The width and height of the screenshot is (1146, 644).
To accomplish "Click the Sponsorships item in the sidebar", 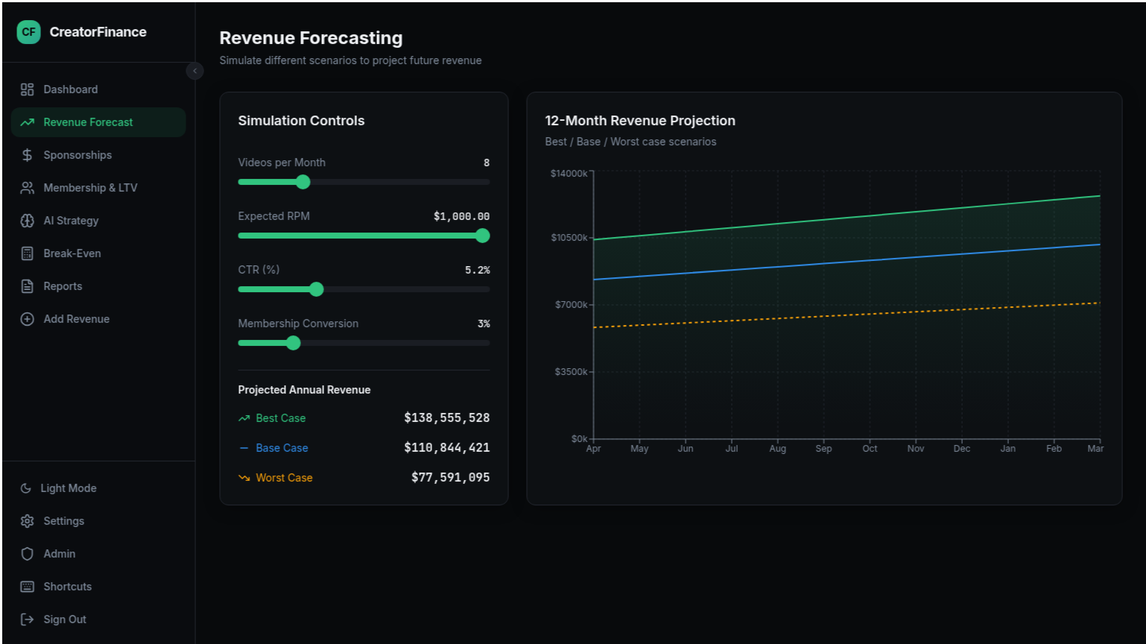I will pyautogui.click(x=77, y=155).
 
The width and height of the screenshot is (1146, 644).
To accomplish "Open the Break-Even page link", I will pyautogui.click(x=72, y=253).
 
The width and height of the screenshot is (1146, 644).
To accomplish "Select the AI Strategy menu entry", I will pyautogui.click(x=71, y=221).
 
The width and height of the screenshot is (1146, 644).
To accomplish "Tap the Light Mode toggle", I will pyautogui.click(x=69, y=488).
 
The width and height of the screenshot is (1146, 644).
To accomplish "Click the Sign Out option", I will pyautogui.click(x=65, y=619).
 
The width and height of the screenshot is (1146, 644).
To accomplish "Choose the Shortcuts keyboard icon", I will pyautogui.click(x=28, y=587).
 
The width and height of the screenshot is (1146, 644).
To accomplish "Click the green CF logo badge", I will pyautogui.click(x=28, y=32).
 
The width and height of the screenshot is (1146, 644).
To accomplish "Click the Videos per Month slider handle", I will pyautogui.click(x=303, y=182).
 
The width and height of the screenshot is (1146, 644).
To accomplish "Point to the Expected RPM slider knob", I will pyautogui.click(x=482, y=236).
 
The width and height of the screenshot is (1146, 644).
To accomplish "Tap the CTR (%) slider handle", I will pyautogui.click(x=317, y=289).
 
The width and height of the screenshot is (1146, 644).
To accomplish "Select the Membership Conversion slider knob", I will pyautogui.click(x=294, y=343).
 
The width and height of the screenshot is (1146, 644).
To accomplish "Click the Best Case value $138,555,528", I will pyautogui.click(x=446, y=418).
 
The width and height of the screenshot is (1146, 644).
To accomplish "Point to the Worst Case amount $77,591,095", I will pyautogui.click(x=450, y=478).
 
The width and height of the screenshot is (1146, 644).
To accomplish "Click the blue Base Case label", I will pyautogui.click(x=282, y=448).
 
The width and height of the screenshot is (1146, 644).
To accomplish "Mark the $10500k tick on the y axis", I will pyautogui.click(x=569, y=238).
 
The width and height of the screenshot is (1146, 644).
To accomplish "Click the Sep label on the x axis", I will pyautogui.click(x=823, y=449).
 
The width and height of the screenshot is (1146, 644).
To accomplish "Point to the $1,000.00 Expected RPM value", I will pyautogui.click(x=461, y=217).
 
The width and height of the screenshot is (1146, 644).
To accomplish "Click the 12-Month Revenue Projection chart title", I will pyautogui.click(x=639, y=121).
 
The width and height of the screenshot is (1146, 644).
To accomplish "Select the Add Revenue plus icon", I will pyautogui.click(x=28, y=319).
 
